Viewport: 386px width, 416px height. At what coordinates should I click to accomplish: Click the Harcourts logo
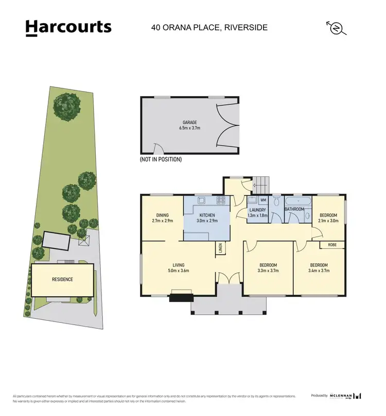tap(68, 28)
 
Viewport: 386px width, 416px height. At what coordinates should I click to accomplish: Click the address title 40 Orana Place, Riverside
tap(209, 27)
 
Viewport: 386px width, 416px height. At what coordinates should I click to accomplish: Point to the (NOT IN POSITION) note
tap(161, 160)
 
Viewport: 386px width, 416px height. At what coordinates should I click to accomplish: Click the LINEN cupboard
tap(220, 249)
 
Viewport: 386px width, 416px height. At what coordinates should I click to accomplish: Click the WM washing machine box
tap(262, 200)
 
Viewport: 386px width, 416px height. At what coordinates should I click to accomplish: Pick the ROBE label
tap(332, 245)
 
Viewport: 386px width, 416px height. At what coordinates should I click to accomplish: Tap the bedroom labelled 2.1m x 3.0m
tap(328, 218)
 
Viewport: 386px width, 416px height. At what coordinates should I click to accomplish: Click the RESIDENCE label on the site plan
tap(62, 279)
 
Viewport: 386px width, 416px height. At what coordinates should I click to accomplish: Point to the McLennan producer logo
tap(342, 395)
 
